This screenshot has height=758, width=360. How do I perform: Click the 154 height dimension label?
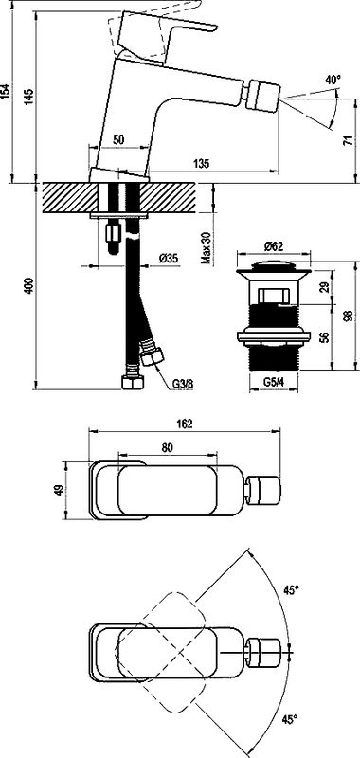6,91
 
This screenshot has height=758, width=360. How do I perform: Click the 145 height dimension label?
29,98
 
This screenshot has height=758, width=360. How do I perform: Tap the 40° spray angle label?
333,81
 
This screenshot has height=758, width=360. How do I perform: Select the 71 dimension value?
346,140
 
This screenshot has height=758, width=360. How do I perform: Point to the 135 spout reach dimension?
203,164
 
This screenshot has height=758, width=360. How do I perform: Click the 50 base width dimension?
118,139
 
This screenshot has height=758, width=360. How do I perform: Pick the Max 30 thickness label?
207,246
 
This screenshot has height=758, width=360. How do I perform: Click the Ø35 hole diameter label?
169,258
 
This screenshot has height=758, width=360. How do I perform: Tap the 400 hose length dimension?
29,286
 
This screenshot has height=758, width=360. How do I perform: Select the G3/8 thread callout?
182,385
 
